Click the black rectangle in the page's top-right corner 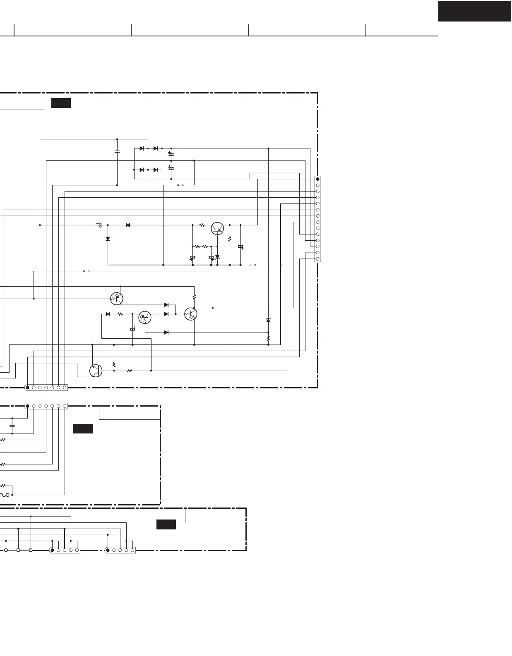(x=475, y=11)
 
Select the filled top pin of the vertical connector (x=317, y=179)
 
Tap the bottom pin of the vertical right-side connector (x=317, y=259)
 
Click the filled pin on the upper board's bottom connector (x=27, y=388)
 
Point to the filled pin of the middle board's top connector (x=27, y=406)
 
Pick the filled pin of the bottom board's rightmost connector (x=108, y=550)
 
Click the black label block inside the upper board (x=61, y=103)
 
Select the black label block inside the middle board (x=83, y=429)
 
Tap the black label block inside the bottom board (x=166, y=524)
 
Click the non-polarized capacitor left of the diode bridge (x=117, y=152)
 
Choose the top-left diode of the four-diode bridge (x=142, y=148)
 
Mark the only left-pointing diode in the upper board (x=128, y=225)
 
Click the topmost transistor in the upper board (x=217, y=228)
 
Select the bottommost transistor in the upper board (x=96, y=371)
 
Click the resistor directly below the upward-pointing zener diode (x=268, y=338)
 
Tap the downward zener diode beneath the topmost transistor (x=217, y=257)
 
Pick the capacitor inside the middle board (x=12, y=425)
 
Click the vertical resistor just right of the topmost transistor (x=230, y=239)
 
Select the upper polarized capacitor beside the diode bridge (x=171, y=154)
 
